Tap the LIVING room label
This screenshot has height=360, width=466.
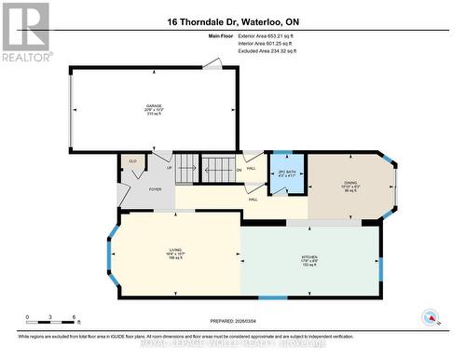[x=154, y=251]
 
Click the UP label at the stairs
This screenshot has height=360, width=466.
[x=169, y=169]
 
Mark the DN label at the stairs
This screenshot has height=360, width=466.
[x=239, y=171]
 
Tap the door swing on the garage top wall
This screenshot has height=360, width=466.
[x=213, y=64]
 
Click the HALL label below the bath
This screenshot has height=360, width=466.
[x=253, y=200]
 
